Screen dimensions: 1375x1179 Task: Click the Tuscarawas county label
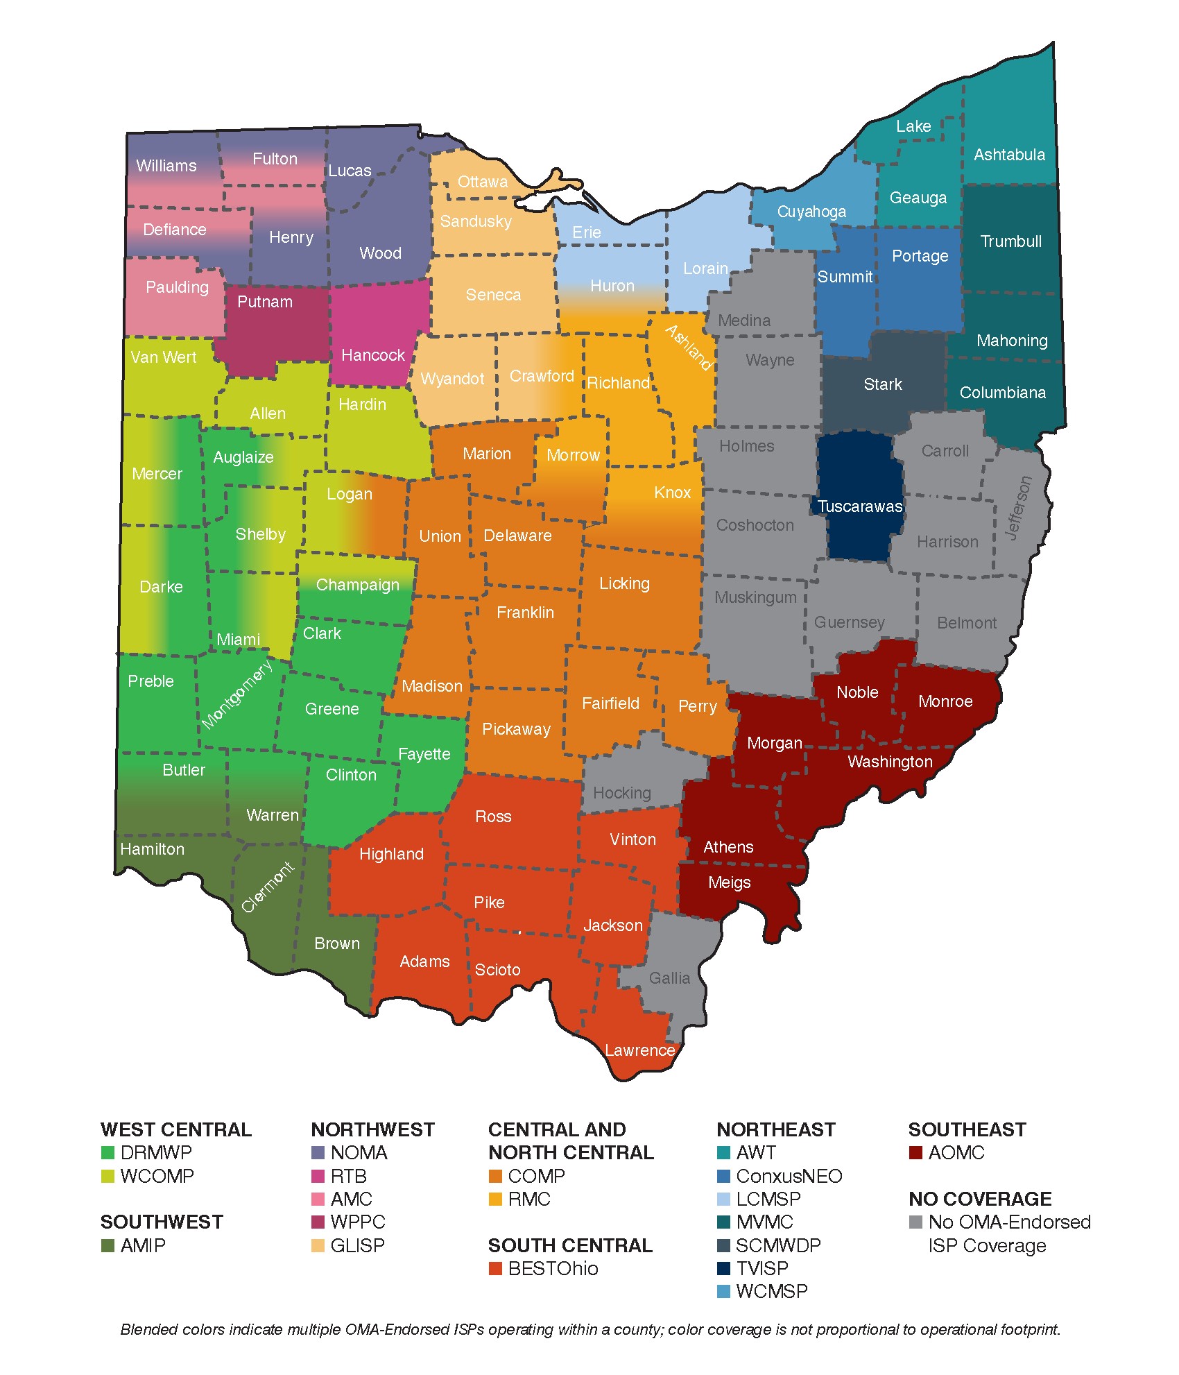point(860,506)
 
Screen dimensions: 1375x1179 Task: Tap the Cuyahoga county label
point(811,212)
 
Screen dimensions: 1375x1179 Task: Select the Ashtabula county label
point(1009,155)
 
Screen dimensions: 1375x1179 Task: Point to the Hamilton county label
point(153,849)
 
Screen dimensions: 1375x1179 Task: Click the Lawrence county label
point(639,1050)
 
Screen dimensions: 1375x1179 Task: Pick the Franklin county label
point(525,613)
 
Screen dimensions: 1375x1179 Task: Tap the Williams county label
point(166,166)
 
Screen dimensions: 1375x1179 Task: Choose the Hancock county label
point(372,355)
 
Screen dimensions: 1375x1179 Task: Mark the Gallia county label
point(669,978)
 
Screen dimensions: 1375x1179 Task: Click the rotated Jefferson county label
point(1018,508)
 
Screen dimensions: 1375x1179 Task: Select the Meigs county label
point(729,882)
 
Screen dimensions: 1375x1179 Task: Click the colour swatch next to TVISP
point(723,1268)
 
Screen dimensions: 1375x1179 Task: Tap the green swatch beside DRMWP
point(107,1152)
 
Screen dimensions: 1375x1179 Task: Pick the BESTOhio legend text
point(553,1268)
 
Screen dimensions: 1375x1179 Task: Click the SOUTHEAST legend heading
point(967,1129)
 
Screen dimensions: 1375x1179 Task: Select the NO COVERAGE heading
point(980,1199)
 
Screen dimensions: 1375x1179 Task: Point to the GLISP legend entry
point(357,1245)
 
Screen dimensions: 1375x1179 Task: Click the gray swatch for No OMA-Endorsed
point(915,1222)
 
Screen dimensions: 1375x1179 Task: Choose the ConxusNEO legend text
point(789,1176)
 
